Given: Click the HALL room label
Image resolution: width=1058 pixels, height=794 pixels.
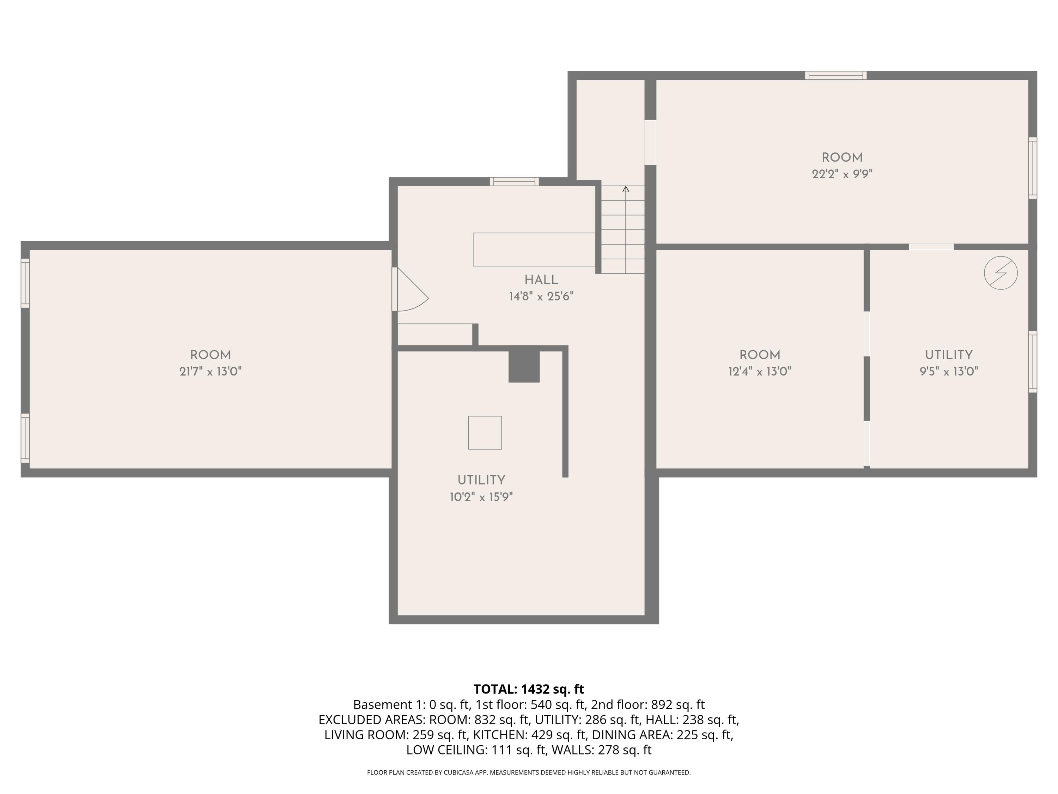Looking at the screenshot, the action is [x=541, y=280].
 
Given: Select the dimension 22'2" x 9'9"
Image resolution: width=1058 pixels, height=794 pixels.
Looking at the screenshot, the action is [x=842, y=174].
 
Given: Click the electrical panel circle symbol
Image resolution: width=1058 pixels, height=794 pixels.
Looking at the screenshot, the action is [x=1001, y=273].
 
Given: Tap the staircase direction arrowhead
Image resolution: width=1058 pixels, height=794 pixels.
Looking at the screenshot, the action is [x=626, y=189].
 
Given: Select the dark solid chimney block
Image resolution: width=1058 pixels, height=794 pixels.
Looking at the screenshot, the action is [x=524, y=366].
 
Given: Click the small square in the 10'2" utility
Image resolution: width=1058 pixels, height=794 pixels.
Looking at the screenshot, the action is [x=485, y=433].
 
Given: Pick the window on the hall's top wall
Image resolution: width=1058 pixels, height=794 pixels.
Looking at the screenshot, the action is [x=514, y=181].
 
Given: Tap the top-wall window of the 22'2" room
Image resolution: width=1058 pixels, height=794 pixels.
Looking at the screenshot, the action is [x=835, y=75].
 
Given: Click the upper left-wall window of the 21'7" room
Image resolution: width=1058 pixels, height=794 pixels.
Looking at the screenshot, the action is [x=25, y=283].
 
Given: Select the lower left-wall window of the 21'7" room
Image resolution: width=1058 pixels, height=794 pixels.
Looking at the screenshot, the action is [x=25, y=438].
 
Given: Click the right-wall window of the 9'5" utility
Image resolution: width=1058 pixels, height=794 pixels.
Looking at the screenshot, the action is [x=1033, y=362].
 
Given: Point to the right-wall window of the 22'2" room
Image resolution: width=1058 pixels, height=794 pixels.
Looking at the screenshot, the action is [x=1033, y=168].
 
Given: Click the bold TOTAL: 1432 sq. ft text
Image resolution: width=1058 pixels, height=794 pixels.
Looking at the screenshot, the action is [x=529, y=689].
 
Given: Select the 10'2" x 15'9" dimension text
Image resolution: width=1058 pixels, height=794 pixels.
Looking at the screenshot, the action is [x=481, y=497].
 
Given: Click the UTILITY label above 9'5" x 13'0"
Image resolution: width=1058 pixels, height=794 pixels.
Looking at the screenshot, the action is [x=948, y=355].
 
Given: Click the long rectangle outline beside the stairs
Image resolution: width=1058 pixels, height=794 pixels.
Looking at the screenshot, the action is [x=534, y=249].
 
